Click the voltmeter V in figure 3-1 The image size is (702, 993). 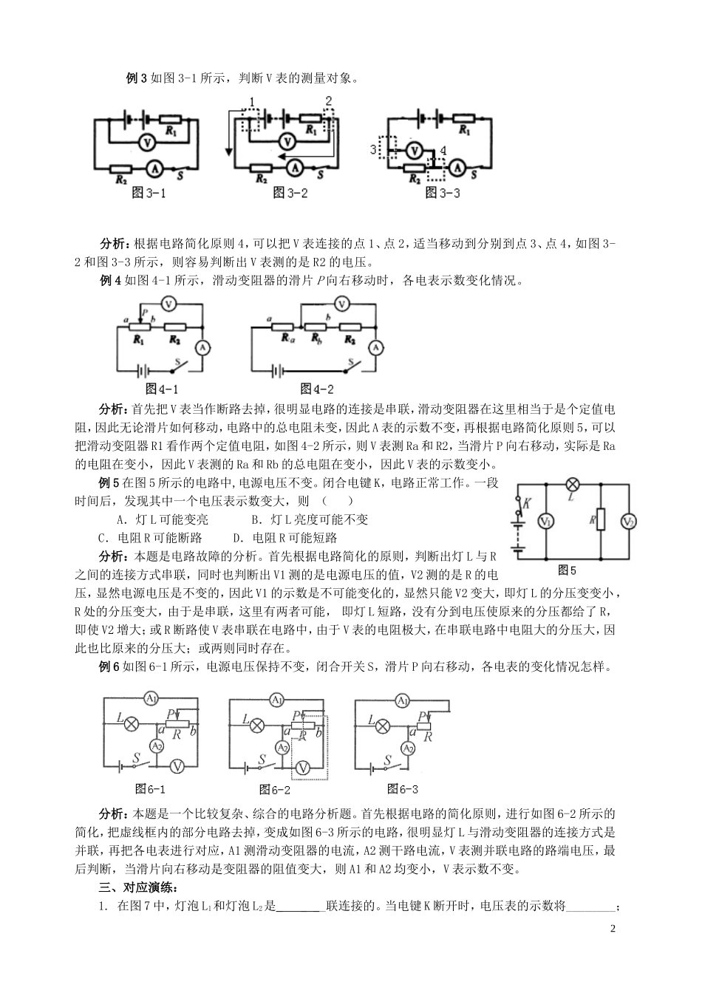[x=146, y=142]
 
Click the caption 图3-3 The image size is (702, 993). [x=443, y=193]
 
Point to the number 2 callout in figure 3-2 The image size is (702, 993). [x=329, y=100]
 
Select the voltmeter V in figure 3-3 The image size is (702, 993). [x=416, y=149]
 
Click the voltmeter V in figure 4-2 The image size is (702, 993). [x=341, y=303]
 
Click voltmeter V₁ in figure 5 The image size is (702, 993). [x=545, y=522]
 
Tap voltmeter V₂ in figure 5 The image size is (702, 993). [x=629, y=522]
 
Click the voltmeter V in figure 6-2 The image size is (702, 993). [x=301, y=768]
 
